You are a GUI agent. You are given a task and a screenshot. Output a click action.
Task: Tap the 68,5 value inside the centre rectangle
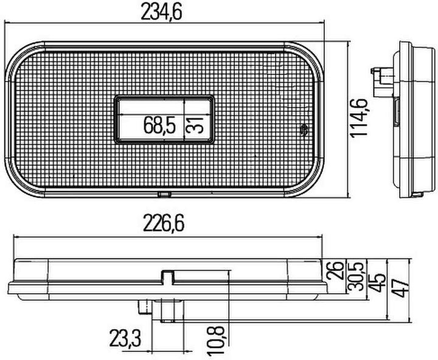click(x=159, y=126)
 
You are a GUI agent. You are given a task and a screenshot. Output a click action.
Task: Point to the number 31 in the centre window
click(x=193, y=125)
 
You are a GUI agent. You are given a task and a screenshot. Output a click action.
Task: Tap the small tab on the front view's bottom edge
click(x=163, y=195)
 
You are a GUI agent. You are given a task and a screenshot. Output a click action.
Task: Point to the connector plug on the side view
click(x=379, y=76)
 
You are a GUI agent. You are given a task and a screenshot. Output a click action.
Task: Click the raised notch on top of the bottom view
click(x=168, y=277)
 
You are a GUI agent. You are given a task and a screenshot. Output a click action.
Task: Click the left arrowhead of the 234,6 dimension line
click(x=7, y=23)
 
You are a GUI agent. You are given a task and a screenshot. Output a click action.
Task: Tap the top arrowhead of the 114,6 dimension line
click(x=348, y=44)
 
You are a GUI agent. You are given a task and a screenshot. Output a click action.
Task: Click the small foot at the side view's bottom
click(x=417, y=195)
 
